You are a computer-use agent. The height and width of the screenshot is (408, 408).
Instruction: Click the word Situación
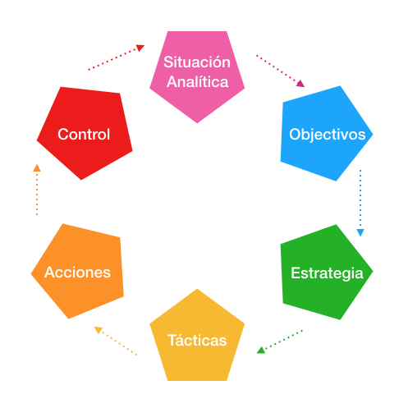point(197,62)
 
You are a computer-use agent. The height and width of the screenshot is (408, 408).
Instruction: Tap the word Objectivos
point(328,134)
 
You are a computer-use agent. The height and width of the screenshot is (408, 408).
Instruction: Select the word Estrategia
point(328,273)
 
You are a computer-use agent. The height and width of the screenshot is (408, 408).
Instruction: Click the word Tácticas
point(197,340)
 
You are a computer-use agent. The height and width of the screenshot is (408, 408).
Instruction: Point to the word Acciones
point(78,272)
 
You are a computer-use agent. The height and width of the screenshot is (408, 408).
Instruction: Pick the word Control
point(84,134)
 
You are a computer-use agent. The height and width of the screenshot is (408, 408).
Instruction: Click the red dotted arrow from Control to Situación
point(117,57)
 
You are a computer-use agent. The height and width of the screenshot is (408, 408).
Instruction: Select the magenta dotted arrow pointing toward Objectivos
point(280,71)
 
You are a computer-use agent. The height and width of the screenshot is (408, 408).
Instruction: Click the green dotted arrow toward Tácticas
point(280,341)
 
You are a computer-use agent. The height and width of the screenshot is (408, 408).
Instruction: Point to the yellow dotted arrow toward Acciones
point(115,341)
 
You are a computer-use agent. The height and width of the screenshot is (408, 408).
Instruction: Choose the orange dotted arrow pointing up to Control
point(36,190)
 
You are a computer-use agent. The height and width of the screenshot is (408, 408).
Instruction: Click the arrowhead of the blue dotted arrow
point(360,232)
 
